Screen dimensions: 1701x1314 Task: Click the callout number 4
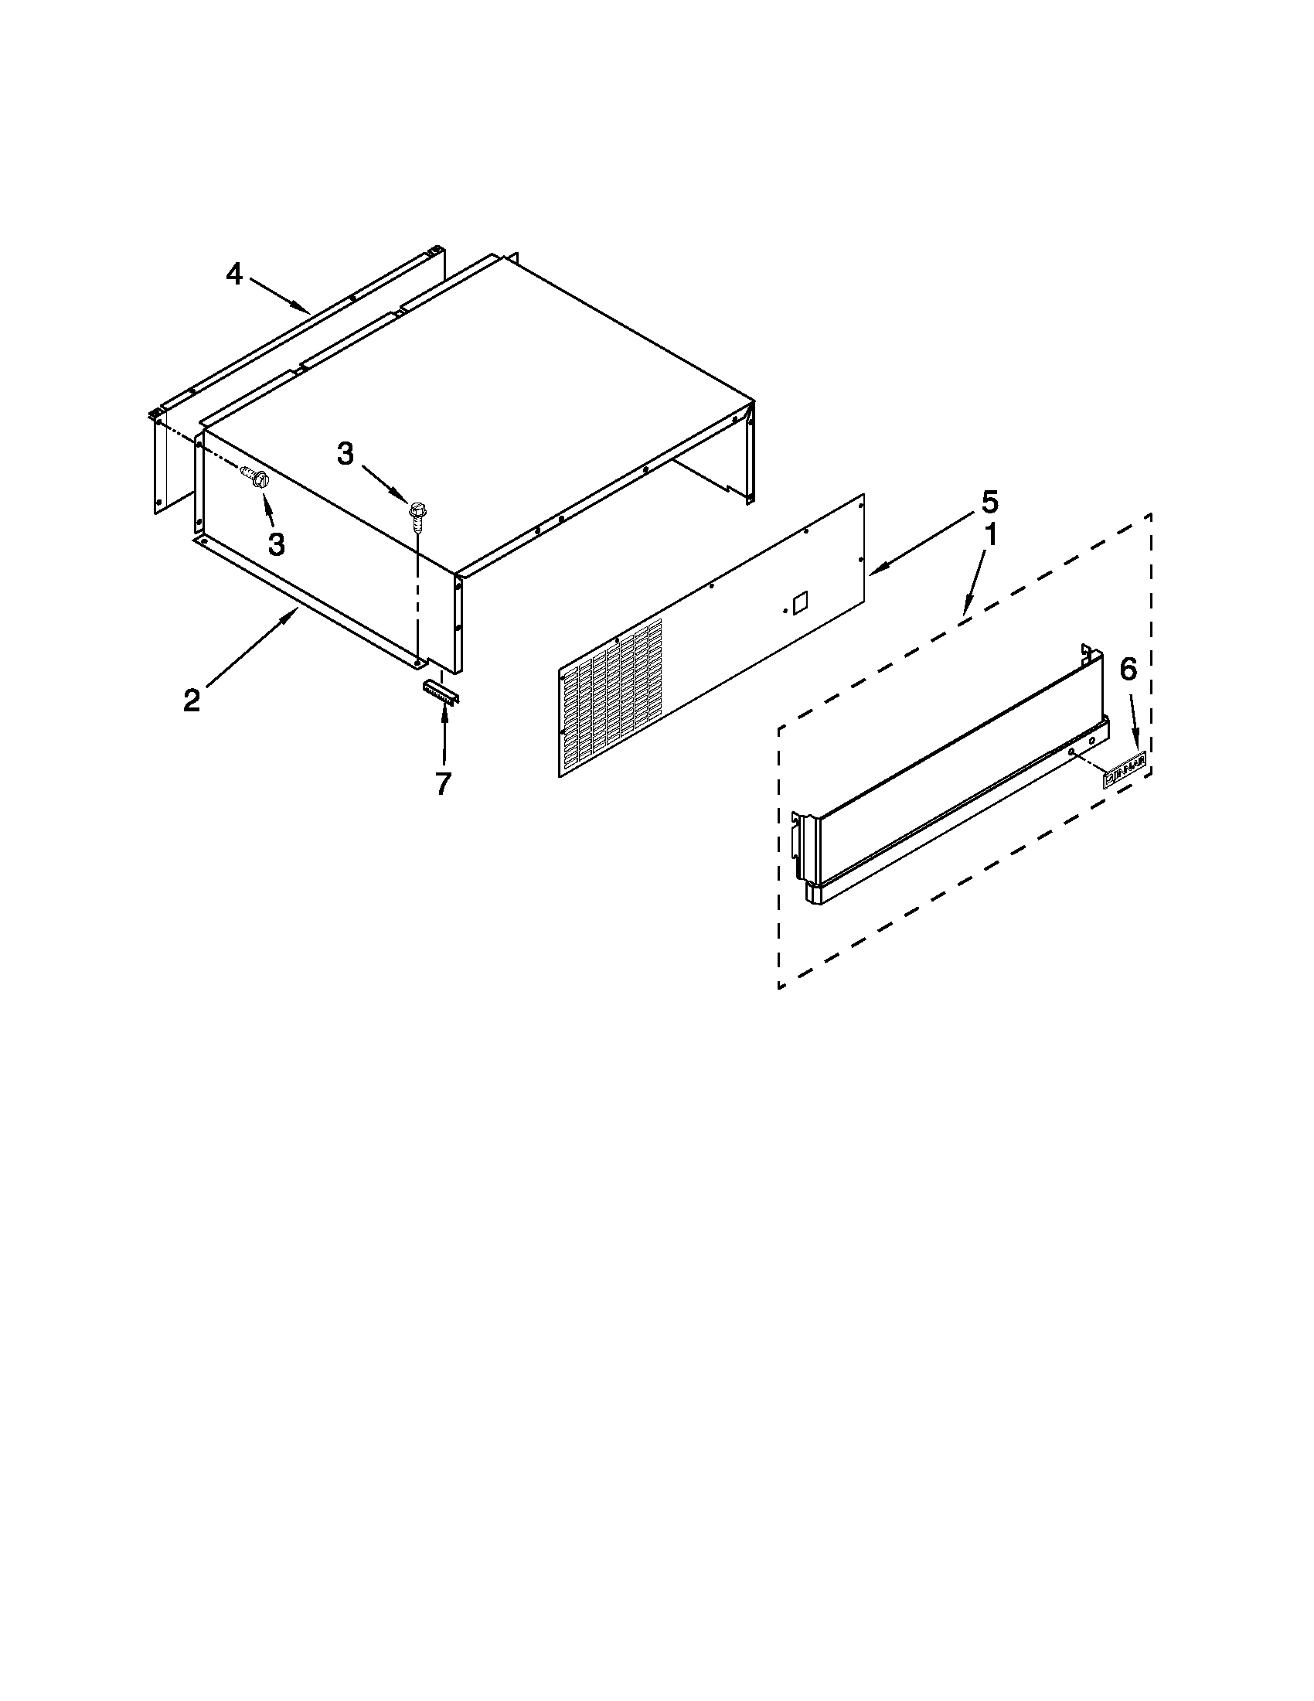pos(234,274)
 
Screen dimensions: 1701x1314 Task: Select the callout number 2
pos(192,701)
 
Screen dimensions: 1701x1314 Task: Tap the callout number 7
pos(443,783)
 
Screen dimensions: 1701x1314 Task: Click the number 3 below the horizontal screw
pos(276,544)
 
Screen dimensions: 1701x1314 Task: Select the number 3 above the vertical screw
pos(346,453)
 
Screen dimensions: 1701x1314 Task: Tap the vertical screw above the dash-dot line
pos(416,514)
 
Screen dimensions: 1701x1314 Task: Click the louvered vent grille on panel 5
pos(611,697)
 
